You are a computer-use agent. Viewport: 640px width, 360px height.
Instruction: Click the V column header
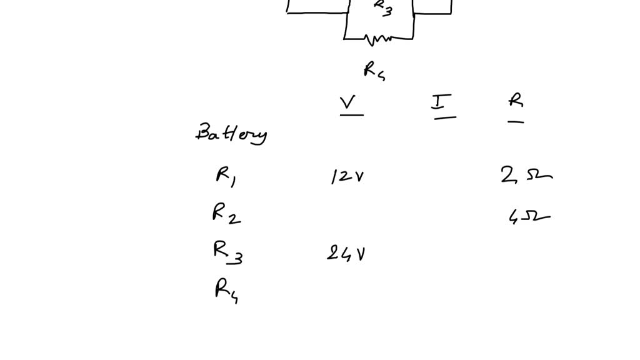coord(348,102)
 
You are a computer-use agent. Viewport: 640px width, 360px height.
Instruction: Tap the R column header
coord(516,100)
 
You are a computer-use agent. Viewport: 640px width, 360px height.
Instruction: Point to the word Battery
coord(231,134)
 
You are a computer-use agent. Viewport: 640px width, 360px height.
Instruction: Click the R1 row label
coord(225,177)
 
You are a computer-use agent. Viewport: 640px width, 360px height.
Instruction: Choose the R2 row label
coord(226,215)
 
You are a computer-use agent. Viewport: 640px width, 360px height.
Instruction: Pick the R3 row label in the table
coord(227,252)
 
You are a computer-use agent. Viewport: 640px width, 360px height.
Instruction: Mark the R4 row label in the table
coord(226,291)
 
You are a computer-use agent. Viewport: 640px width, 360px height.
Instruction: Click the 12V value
coord(347,177)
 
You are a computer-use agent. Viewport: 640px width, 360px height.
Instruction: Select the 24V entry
coord(346,253)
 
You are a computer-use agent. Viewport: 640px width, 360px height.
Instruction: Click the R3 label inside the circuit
coord(382,7)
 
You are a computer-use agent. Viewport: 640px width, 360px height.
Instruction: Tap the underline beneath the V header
coord(351,115)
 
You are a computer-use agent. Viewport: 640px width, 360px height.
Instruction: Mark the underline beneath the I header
coord(444,117)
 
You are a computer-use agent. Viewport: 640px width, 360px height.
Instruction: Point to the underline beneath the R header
coord(516,122)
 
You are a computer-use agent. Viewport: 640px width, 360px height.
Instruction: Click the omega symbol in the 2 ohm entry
coord(538,177)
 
